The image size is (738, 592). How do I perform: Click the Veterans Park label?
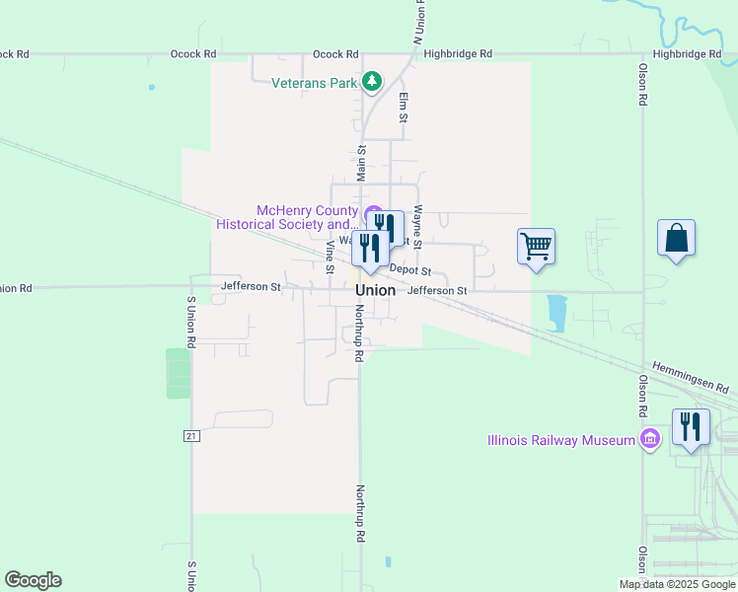(x=314, y=83)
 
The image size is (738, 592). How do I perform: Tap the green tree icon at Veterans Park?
(x=372, y=82)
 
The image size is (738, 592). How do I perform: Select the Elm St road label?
(x=404, y=108)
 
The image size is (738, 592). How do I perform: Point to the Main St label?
(x=362, y=163)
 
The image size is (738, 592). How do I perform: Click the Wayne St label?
(x=418, y=226)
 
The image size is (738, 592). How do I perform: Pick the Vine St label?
(x=330, y=255)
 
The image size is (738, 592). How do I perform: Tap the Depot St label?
(x=410, y=270)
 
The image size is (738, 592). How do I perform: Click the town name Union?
(x=376, y=291)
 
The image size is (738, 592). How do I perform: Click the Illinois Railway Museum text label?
(x=560, y=440)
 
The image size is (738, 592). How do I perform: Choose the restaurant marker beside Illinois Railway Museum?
(x=690, y=427)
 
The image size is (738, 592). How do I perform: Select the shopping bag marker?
(x=676, y=239)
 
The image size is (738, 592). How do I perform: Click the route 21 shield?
(x=190, y=434)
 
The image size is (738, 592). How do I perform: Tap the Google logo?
(x=33, y=580)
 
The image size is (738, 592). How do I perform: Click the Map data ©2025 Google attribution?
(x=677, y=584)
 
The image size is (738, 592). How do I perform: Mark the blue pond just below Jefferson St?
(x=556, y=311)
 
